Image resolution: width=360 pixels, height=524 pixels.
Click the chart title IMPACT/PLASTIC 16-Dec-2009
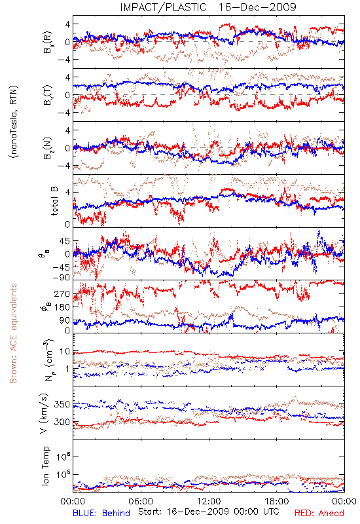click(x=207, y=7)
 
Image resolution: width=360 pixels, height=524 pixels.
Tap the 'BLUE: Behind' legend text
click(x=101, y=513)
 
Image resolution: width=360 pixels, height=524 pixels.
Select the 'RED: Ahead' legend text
click(x=319, y=513)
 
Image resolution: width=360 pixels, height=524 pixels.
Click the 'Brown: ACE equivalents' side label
click(x=13, y=333)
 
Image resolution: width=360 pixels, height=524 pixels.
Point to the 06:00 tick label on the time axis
click(x=141, y=501)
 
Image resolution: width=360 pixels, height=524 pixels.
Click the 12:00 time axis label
click(x=209, y=501)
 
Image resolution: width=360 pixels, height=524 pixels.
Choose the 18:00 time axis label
click(x=277, y=501)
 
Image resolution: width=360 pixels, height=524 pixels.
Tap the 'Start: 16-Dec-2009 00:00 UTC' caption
click(x=209, y=512)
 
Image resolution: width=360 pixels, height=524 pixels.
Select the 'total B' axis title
click(x=54, y=201)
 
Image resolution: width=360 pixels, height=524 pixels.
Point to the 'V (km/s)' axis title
click(x=44, y=413)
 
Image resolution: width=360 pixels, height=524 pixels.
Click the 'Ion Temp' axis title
click(x=45, y=466)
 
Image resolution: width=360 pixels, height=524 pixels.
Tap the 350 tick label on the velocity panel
click(x=62, y=405)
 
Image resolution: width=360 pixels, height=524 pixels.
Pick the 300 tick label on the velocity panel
click(x=62, y=422)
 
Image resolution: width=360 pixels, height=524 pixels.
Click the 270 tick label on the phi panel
click(x=62, y=294)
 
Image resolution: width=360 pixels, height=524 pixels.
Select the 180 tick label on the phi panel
click(x=62, y=307)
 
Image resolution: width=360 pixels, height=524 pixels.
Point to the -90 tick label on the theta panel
click(x=61, y=278)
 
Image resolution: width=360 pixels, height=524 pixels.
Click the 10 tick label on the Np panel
click(x=65, y=352)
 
